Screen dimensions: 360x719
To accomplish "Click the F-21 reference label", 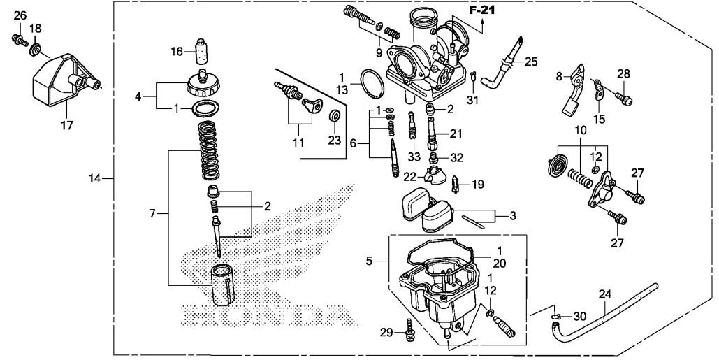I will tap(481, 10).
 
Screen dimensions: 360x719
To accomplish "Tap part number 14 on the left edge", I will tap(95, 179).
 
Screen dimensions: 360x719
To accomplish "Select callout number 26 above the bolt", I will tap(20, 15).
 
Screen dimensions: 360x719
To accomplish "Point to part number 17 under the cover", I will tap(66, 127).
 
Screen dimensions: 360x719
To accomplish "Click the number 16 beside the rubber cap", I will tap(177, 51).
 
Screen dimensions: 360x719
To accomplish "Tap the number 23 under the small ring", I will tap(334, 140).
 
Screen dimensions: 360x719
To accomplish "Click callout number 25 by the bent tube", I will tap(531, 62).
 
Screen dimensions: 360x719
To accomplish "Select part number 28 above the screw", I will tap(623, 74).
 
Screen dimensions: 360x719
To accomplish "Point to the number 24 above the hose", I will tap(605, 294).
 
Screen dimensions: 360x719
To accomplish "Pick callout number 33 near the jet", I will tap(414, 156).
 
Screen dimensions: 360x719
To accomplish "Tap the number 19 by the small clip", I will tap(477, 185).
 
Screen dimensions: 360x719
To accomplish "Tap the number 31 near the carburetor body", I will tap(473, 101).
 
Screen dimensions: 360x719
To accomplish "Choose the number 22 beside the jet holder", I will tap(409, 176).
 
